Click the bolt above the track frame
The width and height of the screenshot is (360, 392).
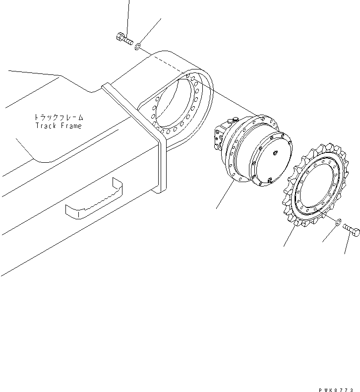(x=124, y=39)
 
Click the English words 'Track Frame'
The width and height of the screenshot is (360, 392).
(x=59, y=126)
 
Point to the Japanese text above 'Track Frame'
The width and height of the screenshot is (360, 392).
(x=59, y=118)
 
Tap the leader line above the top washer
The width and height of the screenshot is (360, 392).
(x=151, y=30)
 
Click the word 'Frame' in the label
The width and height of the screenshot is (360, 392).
(x=71, y=126)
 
